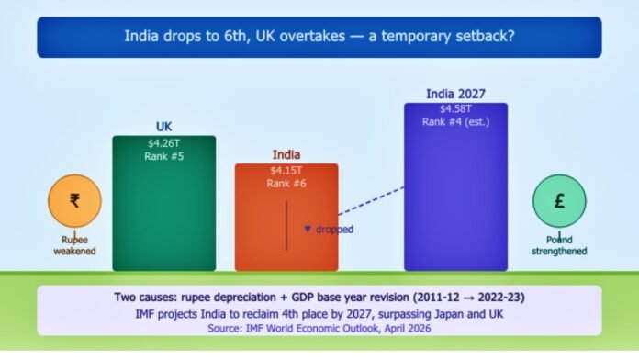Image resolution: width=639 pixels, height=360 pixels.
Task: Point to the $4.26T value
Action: coord(163,143)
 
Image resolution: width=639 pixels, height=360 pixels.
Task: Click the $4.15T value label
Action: coord(286,171)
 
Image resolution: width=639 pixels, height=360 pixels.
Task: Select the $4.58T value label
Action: coord(455,108)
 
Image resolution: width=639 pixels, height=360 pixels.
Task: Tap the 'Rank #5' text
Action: coord(163,157)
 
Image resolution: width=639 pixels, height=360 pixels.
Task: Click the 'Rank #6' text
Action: coord(286,184)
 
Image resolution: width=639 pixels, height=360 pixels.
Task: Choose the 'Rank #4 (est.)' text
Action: coord(455,122)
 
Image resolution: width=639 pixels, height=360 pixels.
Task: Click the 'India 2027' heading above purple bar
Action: coord(455,94)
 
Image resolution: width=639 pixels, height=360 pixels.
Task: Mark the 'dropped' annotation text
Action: coord(333,229)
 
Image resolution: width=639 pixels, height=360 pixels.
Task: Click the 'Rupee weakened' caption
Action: coord(74,245)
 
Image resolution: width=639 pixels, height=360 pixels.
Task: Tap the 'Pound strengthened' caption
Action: coord(559,245)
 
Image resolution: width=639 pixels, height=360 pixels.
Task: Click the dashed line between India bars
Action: coord(372,204)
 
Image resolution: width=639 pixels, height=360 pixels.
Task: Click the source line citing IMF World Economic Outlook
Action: coord(319,328)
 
